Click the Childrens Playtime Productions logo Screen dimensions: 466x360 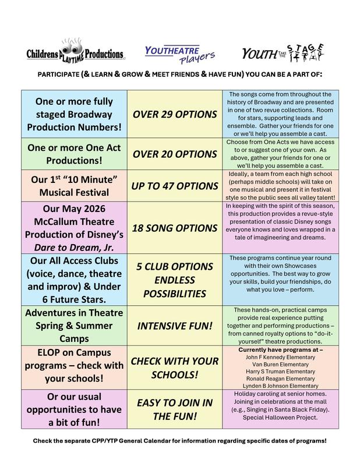(75, 54)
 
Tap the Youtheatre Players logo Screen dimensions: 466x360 (180, 55)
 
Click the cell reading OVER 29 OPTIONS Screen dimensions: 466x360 (174, 114)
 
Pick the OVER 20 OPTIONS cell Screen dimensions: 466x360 (174, 154)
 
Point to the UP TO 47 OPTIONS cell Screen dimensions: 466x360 (174, 186)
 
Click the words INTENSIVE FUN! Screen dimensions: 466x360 (174, 325)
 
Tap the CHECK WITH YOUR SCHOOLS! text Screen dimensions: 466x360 (174, 368)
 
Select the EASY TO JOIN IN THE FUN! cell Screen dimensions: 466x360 (174, 409)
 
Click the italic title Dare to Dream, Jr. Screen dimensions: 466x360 (73, 248)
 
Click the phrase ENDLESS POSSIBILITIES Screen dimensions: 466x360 (174, 285)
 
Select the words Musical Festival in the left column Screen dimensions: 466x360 (73, 192)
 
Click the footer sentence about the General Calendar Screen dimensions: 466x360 (179, 441)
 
